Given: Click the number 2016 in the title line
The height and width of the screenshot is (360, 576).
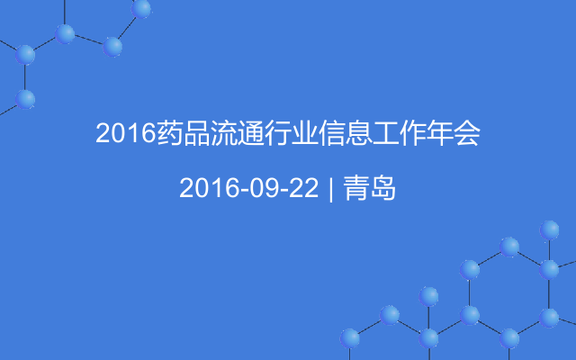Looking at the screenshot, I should [x=125, y=136].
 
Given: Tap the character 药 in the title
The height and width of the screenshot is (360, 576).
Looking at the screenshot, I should [x=169, y=136].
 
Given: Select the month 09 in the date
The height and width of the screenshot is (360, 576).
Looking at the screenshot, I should [x=262, y=188].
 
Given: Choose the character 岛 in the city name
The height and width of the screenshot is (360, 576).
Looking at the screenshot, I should [x=383, y=188].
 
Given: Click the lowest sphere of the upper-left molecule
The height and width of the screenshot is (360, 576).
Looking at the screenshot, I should [x=25, y=97].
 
